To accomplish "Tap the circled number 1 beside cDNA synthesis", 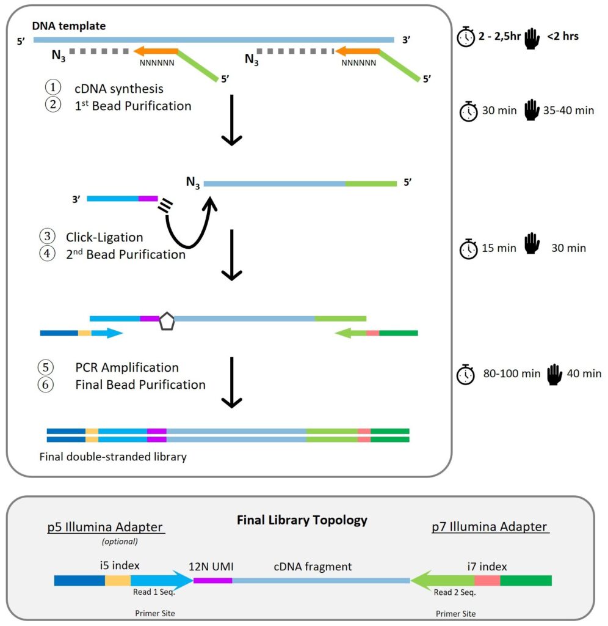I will coord(53,89).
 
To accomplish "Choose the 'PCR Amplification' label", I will coord(127,367).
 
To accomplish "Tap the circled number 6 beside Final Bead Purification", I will coord(46,385).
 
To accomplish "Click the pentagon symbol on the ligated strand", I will coord(167,322).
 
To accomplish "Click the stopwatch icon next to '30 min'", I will coord(468,112).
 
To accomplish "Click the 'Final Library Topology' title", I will coord(302,520).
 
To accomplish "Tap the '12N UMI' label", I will coord(212,567).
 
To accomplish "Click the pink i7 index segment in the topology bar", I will coord(487,580).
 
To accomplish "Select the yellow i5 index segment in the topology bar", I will coord(118,580).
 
